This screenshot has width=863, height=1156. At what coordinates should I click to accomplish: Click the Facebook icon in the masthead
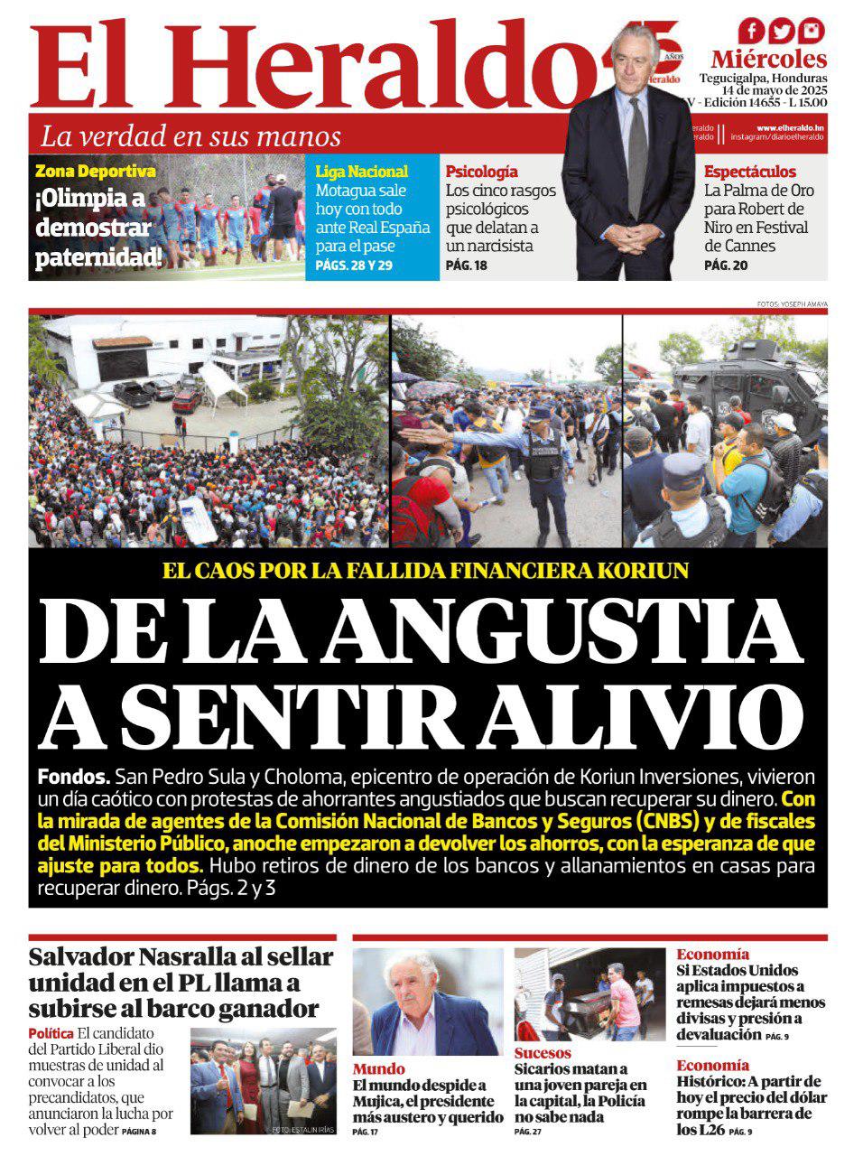[752, 31]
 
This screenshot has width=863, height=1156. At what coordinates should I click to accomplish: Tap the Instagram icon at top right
[812, 31]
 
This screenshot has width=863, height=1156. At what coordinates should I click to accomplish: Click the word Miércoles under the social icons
[768, 60]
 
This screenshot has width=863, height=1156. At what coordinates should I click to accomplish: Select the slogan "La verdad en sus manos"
[190, 136]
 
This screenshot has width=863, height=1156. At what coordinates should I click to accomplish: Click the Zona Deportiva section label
[95, 171]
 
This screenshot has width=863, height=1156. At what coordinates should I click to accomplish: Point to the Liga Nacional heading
[361, 172]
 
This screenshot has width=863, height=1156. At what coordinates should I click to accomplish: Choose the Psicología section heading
[481, 171]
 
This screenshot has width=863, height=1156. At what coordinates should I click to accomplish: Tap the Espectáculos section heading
[749, 171]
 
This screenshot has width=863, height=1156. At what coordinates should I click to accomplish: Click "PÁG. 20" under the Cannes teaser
[726, 266]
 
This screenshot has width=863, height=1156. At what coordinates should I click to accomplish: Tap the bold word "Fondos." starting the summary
[74, 777]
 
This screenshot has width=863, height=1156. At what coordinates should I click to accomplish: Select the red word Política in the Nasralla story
[51, 1033]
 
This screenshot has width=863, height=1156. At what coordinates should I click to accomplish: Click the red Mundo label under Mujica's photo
[378, 1069]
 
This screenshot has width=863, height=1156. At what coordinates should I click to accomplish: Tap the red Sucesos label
[543, 1053]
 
